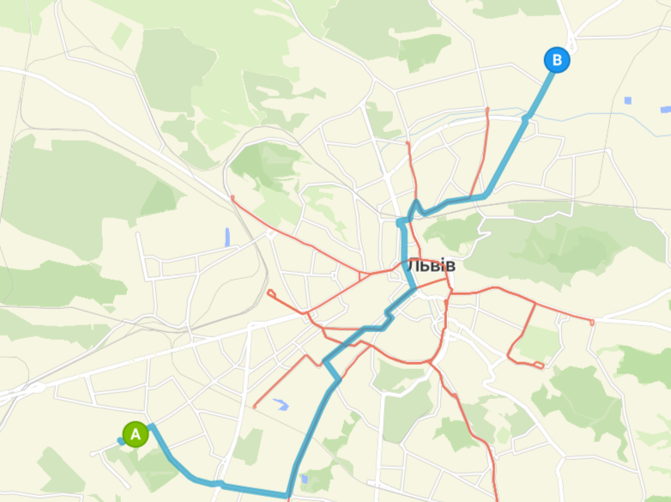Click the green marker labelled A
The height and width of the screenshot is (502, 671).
(135, 434)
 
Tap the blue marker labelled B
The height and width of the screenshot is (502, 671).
(557, 60)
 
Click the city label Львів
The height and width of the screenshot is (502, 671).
(431, 266)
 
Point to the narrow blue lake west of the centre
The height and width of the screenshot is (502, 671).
(227, 238)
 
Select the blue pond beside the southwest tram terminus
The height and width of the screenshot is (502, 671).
(280, 403)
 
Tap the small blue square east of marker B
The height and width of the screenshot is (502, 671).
(628, 100)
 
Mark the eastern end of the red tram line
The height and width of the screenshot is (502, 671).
(592, 322)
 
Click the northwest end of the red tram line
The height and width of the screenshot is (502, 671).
(233, 198)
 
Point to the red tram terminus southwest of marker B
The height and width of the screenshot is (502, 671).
(487, 110)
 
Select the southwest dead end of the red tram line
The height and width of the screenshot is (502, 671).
(256, 406)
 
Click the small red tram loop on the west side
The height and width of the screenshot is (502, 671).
(271, 293)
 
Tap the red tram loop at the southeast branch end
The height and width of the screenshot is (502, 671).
(539, 366)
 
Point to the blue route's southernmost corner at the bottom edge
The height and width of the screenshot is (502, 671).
(288, 495)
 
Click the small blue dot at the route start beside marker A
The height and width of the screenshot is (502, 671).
(120, 441)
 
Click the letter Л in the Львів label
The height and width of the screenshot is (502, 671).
(412, 266)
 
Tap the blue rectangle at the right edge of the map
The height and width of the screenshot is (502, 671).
(665, 109)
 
